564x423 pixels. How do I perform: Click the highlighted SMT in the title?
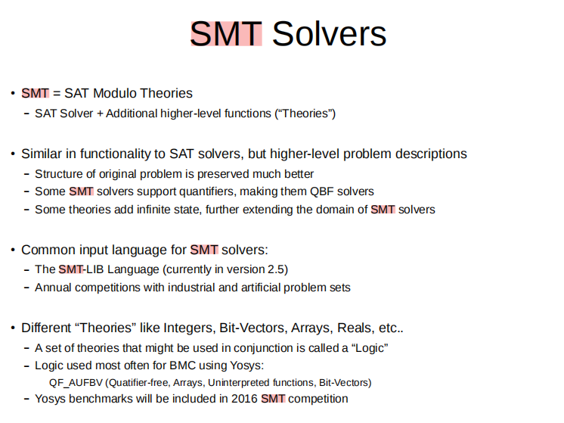(x=226, y=34)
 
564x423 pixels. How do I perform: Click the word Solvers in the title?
(x=329, y=34)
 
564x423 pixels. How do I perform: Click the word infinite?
(x=147, y=209)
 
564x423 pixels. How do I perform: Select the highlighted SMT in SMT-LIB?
(x=70, y=269)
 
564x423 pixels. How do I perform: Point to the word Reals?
(x=355, y=328)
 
